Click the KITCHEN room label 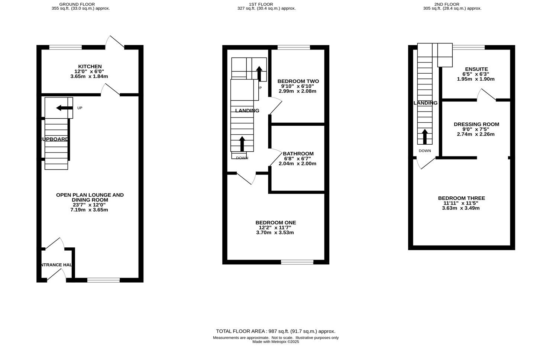(90, 67)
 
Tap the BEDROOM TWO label (298, 81)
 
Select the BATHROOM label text (298, 154)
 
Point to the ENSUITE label (475, 69)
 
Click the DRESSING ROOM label (476, 124)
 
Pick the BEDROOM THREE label (461, 198)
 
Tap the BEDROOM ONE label (275, 223)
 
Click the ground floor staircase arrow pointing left (64, 108)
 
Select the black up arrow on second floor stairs (424, 136)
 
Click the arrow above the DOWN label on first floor (242, 144)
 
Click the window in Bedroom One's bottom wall (297, 262)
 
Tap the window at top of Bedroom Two (294, 47)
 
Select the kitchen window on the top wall (65, 47)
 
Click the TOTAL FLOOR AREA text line (275, 331)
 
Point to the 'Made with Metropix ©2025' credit (275, 342)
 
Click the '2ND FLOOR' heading (452, 4)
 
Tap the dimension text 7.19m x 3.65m (89, 210)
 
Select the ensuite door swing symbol (486, 95)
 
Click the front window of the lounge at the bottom (103, 280)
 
